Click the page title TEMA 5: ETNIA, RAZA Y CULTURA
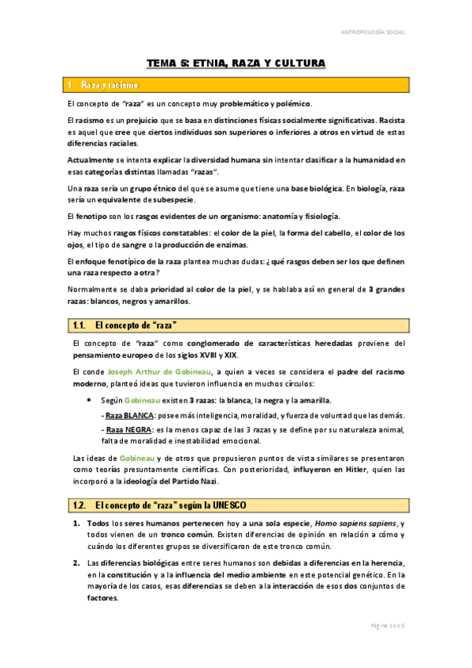tap(236, 62)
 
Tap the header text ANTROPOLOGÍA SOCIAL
tap(399, 32)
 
